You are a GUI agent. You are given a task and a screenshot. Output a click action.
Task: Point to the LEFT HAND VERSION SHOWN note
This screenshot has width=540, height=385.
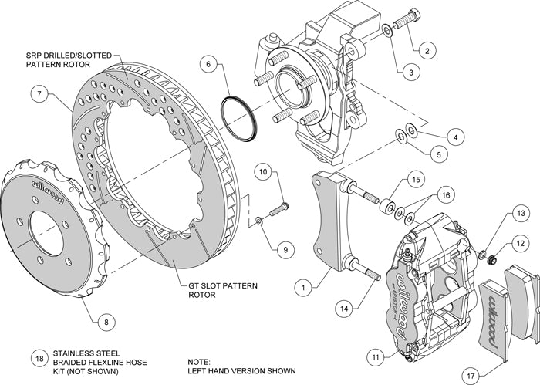click(x=241, y=371)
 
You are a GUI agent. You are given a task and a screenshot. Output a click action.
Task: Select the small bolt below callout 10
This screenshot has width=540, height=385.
click(x=278, y=208)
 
